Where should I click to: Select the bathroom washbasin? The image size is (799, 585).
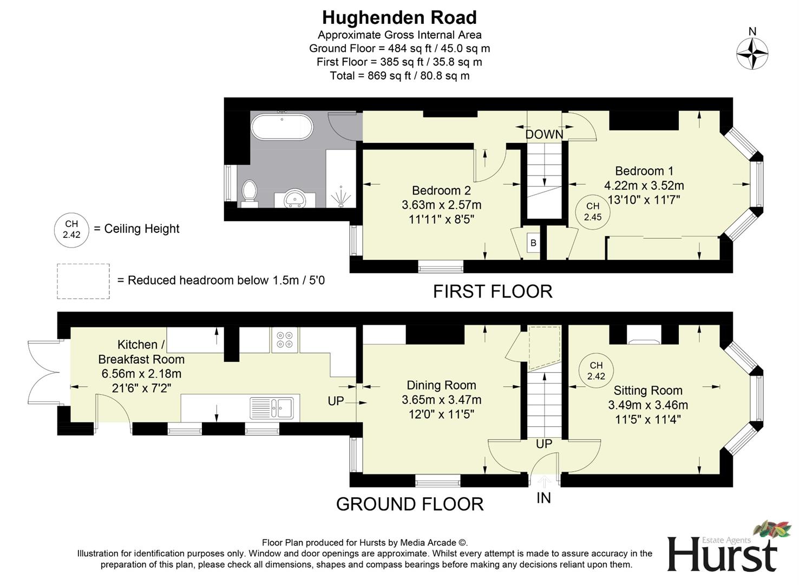[x=294, y=198]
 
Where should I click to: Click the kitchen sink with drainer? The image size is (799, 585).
[x=272, y=407]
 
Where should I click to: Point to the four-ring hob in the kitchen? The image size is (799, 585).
[x=285, y=340]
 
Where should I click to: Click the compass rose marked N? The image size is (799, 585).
[x=752, y=54]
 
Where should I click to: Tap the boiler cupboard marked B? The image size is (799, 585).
[x=533, y=243]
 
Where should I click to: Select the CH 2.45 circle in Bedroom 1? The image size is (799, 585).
[x=593, y=212]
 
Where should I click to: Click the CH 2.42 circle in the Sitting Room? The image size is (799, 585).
[x=596, y=371]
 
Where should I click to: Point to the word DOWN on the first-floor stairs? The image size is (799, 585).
[x=544, y=134]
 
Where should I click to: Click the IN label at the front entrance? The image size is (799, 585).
[x=543, y=498]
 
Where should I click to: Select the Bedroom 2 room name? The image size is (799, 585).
[x=441, y=191]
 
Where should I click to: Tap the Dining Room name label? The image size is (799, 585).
[x=441, y=385]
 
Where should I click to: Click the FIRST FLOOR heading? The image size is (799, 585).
[x=493, y=291]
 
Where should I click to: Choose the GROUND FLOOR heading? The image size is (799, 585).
[x=410, y=504]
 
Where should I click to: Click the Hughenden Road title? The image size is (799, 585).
[x=399, y=18]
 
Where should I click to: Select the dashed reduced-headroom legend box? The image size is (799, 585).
[x=83, y=281]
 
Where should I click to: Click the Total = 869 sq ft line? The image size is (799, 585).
[x=399, y=76]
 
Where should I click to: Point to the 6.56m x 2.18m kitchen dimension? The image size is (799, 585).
[x=141, y=374]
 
